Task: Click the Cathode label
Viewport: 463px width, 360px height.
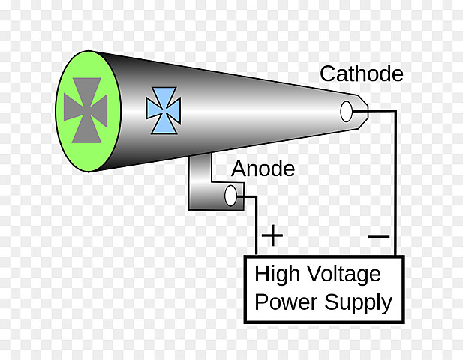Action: click(x=361, y=74)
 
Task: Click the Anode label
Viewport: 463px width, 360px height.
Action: click(x=263, y=169)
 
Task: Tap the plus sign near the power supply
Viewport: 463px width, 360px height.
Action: click(x=272, y=236)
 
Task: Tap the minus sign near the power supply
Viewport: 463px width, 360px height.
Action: click(x=380, y=236)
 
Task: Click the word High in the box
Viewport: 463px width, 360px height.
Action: click(x=280, y=274)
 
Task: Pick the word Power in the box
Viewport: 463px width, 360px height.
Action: click(x=287, y=302)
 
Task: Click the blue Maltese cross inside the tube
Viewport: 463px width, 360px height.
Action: click(x=163, y=110)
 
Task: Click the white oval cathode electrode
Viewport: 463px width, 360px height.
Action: click(x=346, y=111)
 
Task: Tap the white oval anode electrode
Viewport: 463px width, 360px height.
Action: click(x=230, y=196)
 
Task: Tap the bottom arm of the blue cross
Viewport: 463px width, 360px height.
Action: click(x=163, y=125)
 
